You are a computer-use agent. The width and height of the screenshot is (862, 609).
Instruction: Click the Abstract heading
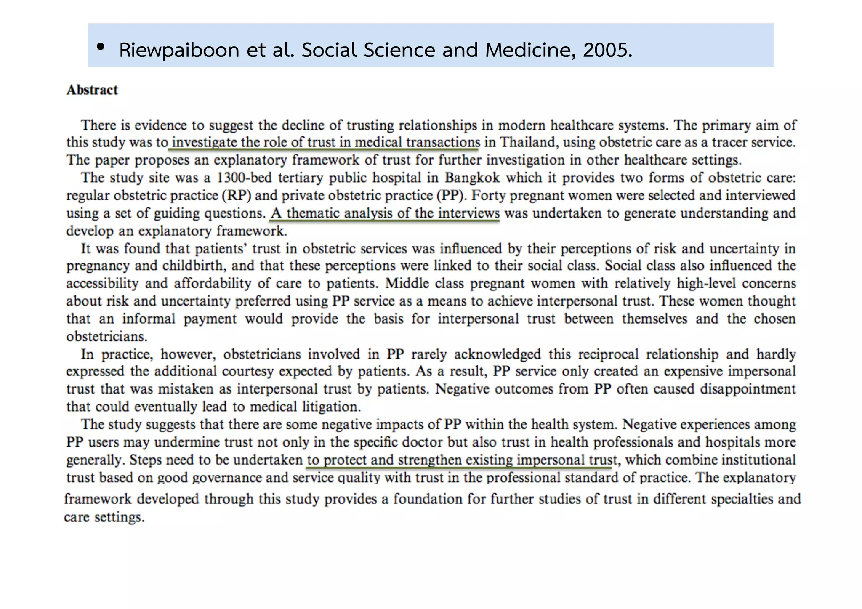pyautogui.click(x=92, y=90)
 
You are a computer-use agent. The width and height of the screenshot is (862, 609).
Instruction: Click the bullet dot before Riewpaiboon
pyautogui.click(x=100, y=48)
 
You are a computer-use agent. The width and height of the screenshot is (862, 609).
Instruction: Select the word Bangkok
pyautogui.click(x=472, y=178)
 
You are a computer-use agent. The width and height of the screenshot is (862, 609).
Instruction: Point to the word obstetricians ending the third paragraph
pyautogui.click(x=107, y=337)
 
